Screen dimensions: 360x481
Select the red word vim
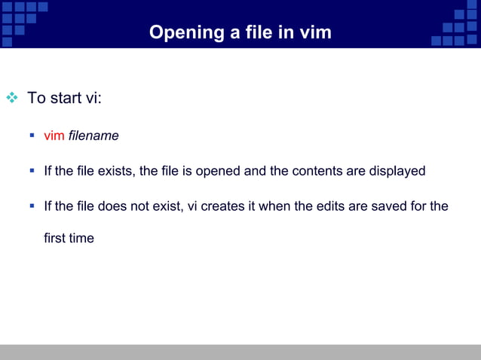[54, 136]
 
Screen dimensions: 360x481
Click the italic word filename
[93, 136]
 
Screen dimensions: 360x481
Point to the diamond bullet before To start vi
[11, 98]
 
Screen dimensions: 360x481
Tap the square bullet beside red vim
[32, 136]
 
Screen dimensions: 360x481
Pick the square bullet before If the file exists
[32, 170]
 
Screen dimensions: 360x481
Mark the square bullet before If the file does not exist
[32, 205]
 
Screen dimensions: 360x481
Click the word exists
[117, 171]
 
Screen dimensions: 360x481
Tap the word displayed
[397, 171]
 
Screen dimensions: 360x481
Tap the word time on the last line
[81, 239]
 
